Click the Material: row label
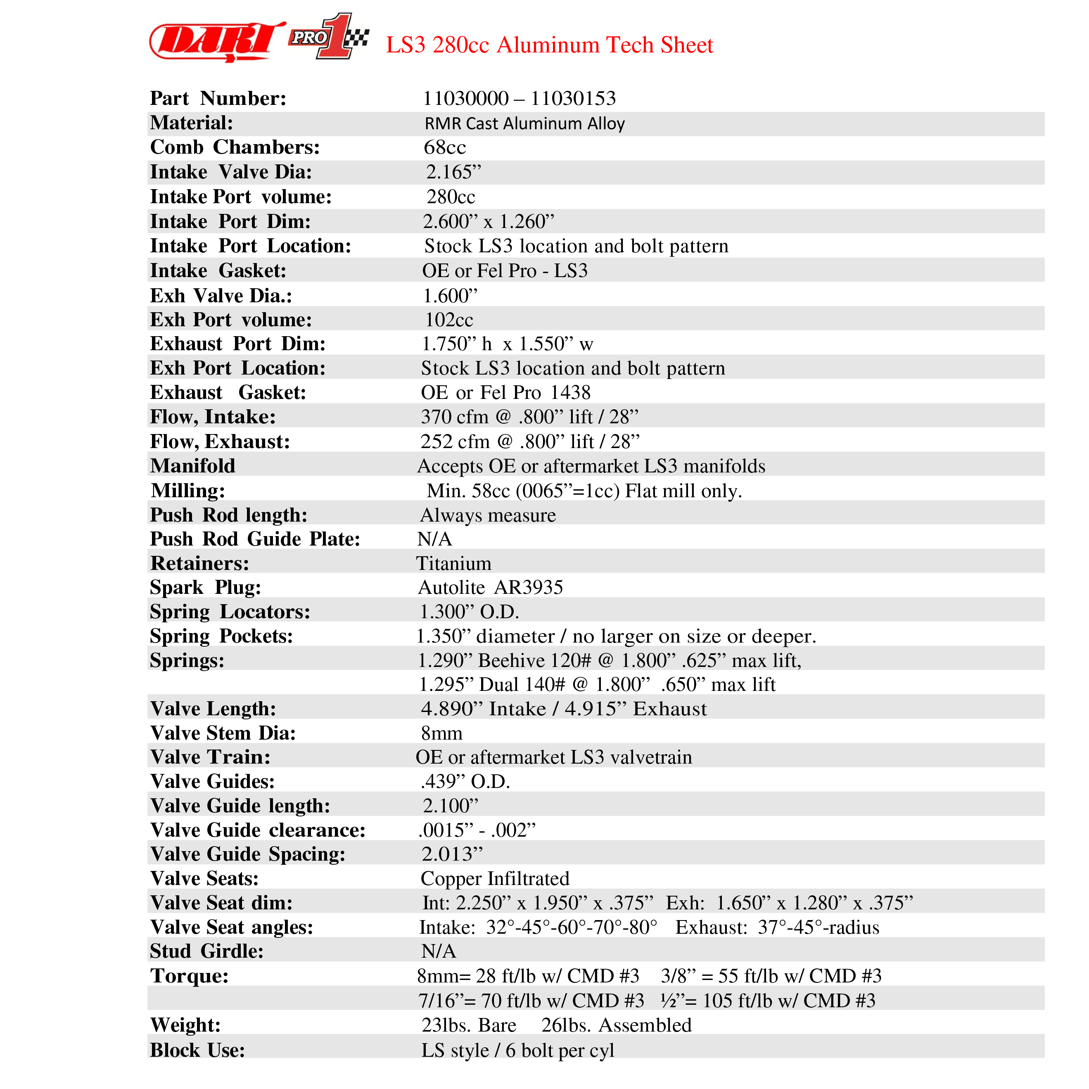tap(192, 123)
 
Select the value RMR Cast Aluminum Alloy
tap(524, 123)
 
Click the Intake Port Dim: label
tap(230, 221)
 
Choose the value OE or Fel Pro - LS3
tap(505, 270)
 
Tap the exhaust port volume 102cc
tap(448, 320)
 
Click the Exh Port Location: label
tap(237, 368)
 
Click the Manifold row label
tap(192, 465)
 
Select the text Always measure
tap(488, 515)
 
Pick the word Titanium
tap(454, 563)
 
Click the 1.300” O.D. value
tap(469, 612)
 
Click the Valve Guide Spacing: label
tap(247, 854)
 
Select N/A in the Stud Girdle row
tap(439, 951)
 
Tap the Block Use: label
tap(197, 1049)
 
